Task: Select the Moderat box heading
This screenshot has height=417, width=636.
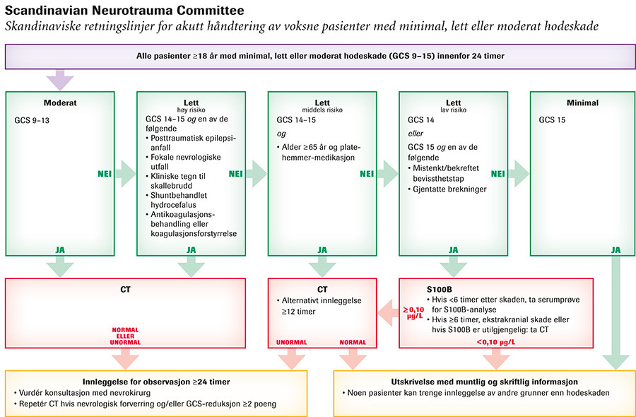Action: point(59,102)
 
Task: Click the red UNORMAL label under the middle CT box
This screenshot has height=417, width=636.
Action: point(291,343)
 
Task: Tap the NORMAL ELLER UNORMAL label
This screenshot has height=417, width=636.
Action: point(125,336)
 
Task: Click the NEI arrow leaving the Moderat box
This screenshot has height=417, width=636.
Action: point(125,173)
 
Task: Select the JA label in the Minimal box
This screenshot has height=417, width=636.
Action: point(616,249)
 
